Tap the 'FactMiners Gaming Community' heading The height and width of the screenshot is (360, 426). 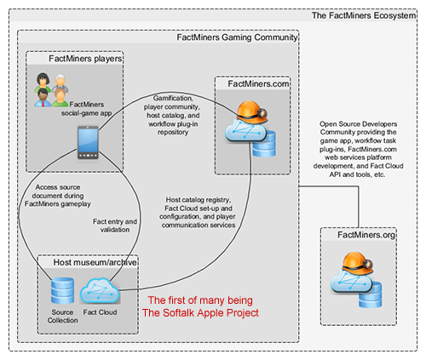pos(236,37)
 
